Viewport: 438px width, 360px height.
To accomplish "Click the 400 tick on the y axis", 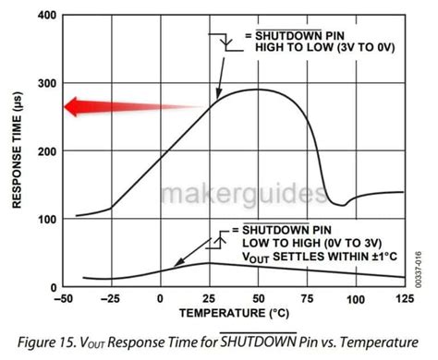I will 46,16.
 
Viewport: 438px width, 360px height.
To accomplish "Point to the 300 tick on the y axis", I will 46,83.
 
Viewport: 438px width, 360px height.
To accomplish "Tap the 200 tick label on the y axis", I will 46,151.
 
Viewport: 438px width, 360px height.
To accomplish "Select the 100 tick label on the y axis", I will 46,220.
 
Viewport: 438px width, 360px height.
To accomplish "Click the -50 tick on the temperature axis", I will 63,300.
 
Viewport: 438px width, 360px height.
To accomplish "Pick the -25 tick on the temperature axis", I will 111,300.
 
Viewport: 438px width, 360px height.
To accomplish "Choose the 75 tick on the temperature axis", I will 307,300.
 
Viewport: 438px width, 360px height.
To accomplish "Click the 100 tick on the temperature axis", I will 356,300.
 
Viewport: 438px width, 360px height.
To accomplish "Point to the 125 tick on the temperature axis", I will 404,300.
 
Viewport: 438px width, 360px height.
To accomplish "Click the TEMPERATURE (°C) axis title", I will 234,314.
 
